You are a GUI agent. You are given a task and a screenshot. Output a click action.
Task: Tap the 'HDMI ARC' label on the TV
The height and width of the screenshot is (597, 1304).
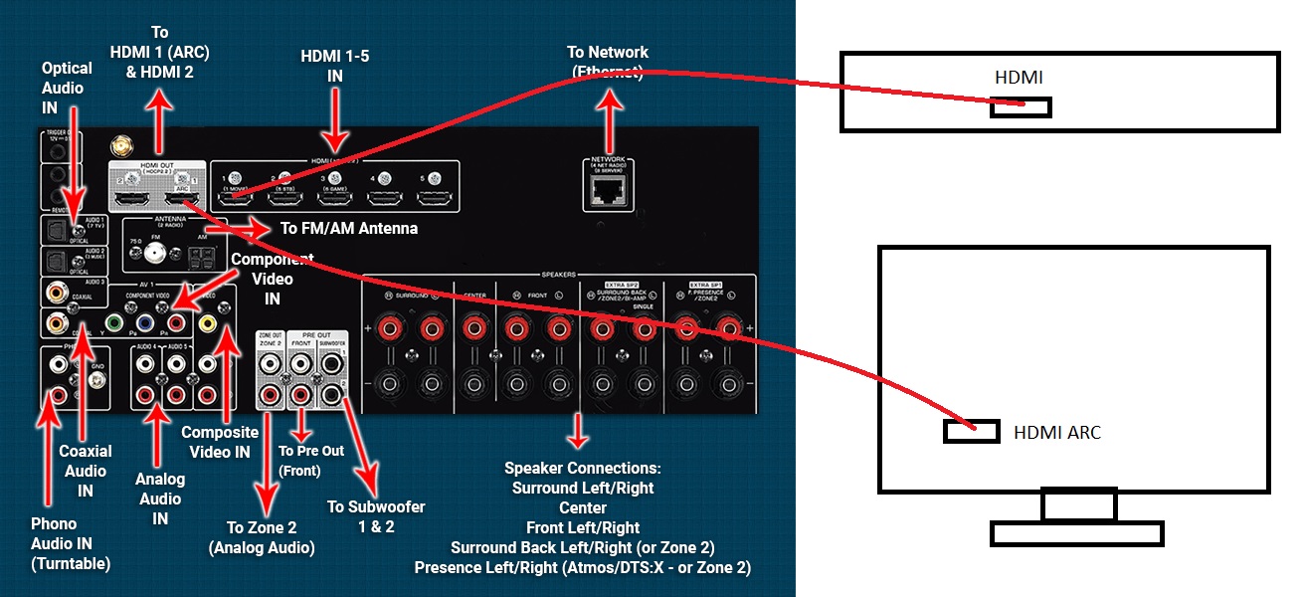coord(1057,433)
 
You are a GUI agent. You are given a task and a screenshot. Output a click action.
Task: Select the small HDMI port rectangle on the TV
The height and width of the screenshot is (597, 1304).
coord(971,432)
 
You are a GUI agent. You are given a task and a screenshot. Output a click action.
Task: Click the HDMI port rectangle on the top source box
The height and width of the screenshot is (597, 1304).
coord(1021,107)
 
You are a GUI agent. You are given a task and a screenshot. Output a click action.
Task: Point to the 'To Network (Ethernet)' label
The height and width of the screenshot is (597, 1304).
coord(608,62)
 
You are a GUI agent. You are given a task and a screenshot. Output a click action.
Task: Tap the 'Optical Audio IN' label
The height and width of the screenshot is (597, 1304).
coord(67,88)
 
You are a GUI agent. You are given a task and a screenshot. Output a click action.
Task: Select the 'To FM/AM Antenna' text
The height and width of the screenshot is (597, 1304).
coord(348,229)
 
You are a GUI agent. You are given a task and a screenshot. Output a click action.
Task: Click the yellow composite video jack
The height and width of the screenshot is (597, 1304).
coord(207,322)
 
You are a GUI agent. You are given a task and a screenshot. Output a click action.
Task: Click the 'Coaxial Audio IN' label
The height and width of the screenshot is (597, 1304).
coord(85,471)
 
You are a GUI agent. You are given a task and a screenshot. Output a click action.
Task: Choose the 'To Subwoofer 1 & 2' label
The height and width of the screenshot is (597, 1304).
coord(376,516)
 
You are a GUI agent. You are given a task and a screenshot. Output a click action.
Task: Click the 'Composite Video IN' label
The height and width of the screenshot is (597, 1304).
coord(220,442)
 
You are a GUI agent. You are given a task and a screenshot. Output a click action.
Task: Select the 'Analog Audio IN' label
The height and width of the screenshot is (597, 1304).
coord(160,498)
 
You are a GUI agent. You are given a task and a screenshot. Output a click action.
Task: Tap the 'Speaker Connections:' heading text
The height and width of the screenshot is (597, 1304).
coord(583,468)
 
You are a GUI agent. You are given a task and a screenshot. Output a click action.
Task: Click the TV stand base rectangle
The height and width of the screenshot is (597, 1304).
coord(1077,533)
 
